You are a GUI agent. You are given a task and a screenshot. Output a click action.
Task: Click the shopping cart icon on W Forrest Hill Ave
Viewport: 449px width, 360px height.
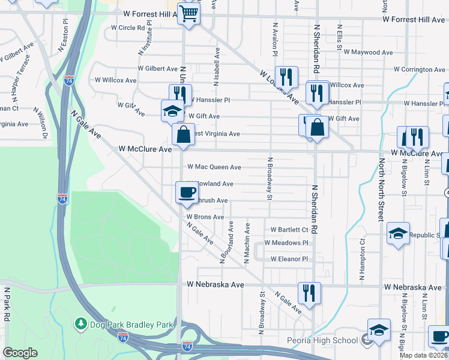pos(188,14)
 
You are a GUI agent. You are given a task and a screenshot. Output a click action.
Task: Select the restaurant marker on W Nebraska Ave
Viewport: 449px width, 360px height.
pos(309,293)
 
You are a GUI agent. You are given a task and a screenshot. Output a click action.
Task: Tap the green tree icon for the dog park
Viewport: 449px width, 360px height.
pos(81,324)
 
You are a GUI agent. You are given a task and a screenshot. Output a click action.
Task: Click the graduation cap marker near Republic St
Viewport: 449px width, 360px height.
pos(397,233)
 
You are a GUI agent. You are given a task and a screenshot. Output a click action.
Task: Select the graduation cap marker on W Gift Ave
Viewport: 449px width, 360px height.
pos(172,111)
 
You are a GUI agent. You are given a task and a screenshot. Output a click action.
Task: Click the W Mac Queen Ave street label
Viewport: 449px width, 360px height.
pos(214,167)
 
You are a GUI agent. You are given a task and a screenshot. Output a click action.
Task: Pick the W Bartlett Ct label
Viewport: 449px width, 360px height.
pos(289,229)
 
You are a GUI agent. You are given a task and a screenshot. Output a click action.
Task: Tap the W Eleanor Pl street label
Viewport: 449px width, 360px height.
pos(289,259)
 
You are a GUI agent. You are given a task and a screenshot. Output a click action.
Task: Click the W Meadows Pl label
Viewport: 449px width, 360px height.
pos(286,243)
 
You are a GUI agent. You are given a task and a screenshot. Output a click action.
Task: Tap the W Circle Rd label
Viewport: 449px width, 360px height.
pos(128,28)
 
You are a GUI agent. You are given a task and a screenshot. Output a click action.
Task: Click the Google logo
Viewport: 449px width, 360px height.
pos(20,353)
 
